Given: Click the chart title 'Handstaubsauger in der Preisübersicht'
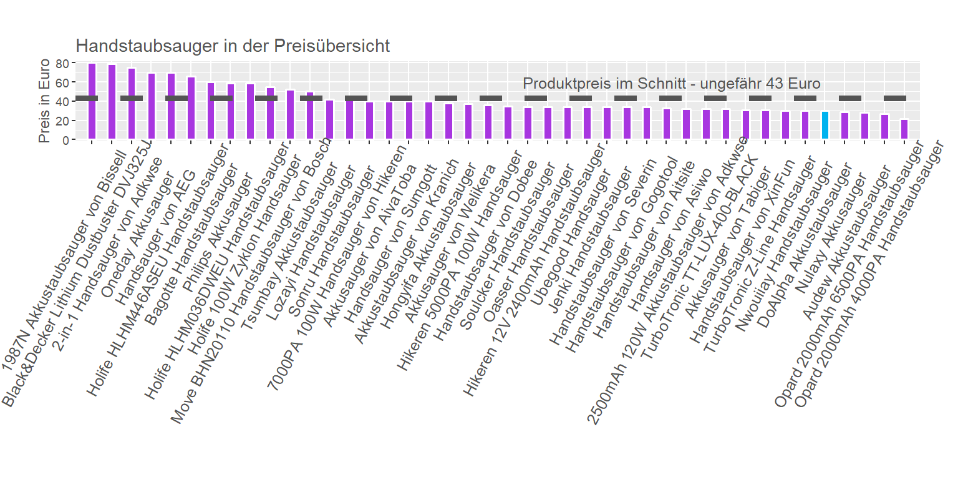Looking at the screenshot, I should [x=232, y=46].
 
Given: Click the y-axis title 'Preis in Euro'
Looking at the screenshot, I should [x=44, y=101].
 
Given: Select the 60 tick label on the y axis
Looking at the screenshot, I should [x=62, y=82].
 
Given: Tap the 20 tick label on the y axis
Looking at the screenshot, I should [x=62, y=121].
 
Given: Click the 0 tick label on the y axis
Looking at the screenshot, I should [x=65, y=140].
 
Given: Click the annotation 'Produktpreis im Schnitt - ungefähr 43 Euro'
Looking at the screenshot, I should [x=671, y=84].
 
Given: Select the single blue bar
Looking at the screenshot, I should [x=825, y=125].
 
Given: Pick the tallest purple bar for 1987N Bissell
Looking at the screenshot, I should [x=92, y=101].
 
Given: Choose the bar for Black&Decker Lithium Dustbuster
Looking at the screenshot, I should [x=112, y=102].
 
